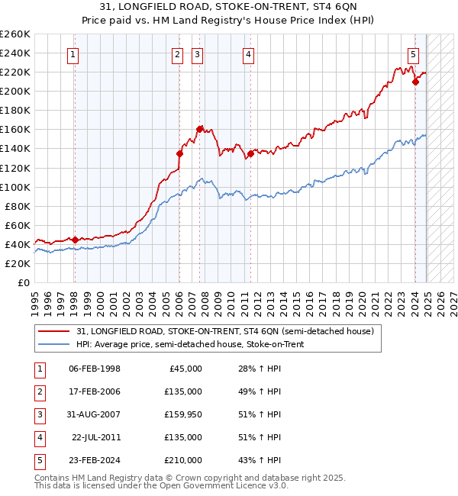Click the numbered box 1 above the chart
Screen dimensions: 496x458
point(73,54)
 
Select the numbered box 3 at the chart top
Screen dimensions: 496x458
point(197,54)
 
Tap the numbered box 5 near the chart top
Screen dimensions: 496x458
point(413,54)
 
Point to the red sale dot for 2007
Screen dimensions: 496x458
point(199,129)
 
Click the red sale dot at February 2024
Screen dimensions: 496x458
point(415,82)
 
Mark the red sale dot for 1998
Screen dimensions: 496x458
point(75,239)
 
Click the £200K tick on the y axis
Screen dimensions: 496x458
point(15,91)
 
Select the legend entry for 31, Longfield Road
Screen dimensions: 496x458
point(225,332)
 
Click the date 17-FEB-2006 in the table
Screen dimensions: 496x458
point(94,391)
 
